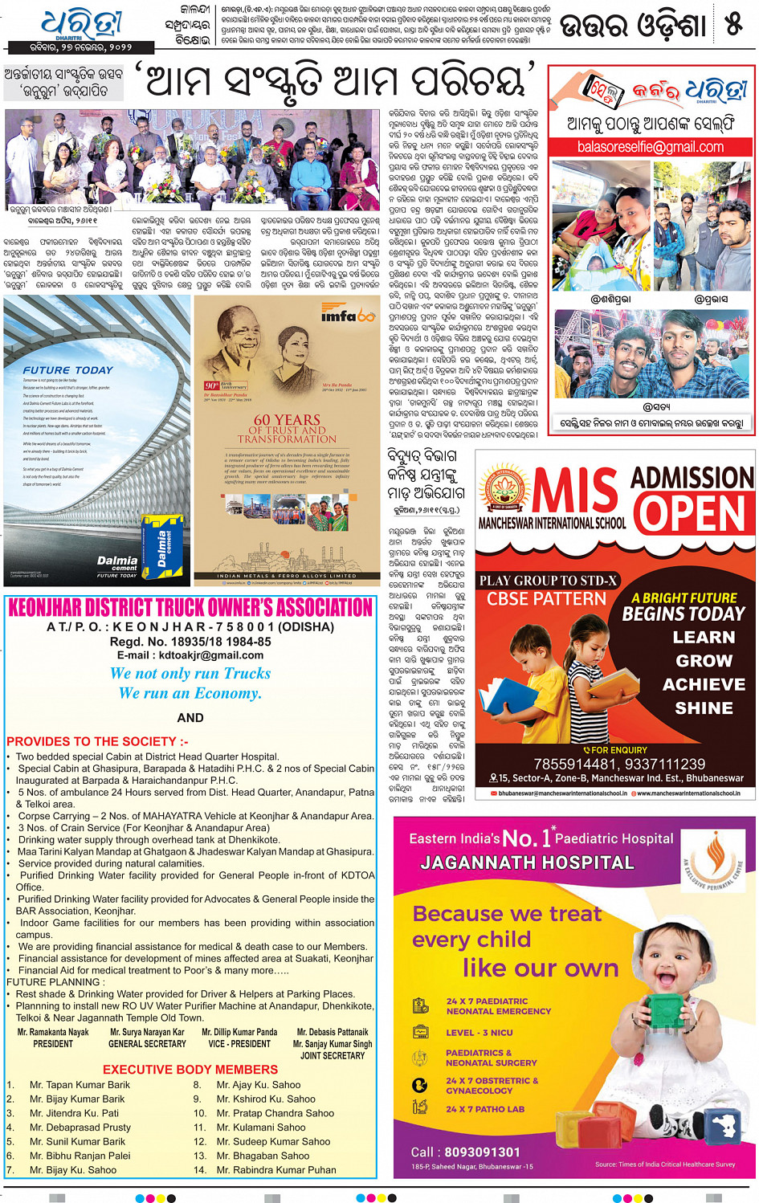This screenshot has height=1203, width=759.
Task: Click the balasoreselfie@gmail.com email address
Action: pyautogui.click(x=651, y=147)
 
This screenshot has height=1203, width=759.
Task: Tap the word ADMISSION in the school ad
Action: pyautogui.click(x=692, y=478)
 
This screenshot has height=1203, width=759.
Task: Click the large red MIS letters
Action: pyautogui.click(x=576, y=491)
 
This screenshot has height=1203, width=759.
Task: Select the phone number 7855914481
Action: pyautogui.click(x=575, y=765)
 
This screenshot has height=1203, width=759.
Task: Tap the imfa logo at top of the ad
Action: pyautogui.click(x=347, y=316)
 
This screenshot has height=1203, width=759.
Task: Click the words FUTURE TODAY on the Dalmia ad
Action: pyautogui.click(x=68, y=370)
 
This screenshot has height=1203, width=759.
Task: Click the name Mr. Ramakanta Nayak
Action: pyautogui.click(x=53, y=1032)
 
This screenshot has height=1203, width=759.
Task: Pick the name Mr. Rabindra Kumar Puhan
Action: pyautogui.click(x=276, y=1170)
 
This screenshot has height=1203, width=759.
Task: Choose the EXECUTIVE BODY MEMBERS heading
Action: pyautogui.click(x=190, y=1070)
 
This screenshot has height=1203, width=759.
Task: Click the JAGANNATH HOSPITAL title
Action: pyautogui.click(x=527, y=862)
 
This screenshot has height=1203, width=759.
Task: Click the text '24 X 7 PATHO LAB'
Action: pyautogui.click(x=485, y=1109)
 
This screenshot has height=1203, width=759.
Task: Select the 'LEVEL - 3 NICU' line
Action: pyautogui.click(x=479, y=1033)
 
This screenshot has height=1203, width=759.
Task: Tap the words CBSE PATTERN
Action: pyautogui.click(x=546, y=599)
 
